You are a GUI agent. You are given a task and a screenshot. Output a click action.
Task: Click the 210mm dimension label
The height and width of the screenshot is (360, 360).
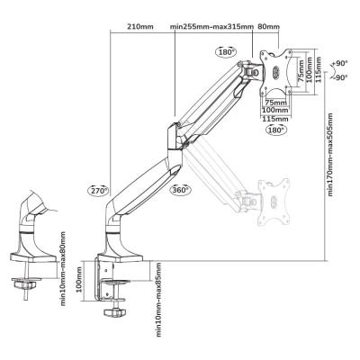(x=140, y=26)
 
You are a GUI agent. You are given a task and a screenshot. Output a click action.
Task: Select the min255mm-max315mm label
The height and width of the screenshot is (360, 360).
(x=212, y=26)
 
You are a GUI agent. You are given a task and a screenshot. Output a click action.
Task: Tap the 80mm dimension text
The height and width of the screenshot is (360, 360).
(x=268, y=26)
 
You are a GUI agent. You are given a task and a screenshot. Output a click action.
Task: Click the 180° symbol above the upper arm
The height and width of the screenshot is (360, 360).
(x=226, y=52)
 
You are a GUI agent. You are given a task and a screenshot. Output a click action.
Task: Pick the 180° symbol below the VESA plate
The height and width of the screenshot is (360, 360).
(x=275, y=130)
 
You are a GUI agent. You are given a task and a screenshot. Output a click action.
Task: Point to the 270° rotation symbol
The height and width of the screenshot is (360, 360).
(x=98, y=190)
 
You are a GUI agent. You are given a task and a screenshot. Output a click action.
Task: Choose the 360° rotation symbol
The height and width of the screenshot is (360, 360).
(x=180, y=190)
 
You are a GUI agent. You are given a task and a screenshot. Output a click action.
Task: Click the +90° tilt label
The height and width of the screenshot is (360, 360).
(x=340, y=63)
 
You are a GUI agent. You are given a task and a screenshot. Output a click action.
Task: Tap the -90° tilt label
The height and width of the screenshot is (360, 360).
(x=340, y=77)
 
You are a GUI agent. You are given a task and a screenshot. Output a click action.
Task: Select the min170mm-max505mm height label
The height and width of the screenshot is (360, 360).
(x=330, y=155)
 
